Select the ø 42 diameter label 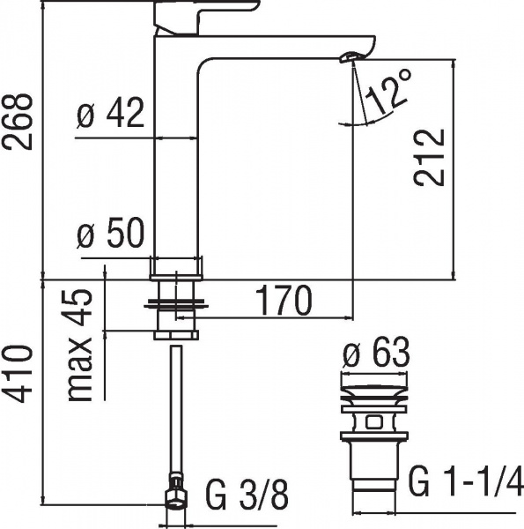click(x=111, y=116)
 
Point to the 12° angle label click(x=388, y=91)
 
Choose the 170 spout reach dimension click(x=284, y=302)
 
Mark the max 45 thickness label click(x=82, y=345)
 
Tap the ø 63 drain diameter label click(x=375, y=354)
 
